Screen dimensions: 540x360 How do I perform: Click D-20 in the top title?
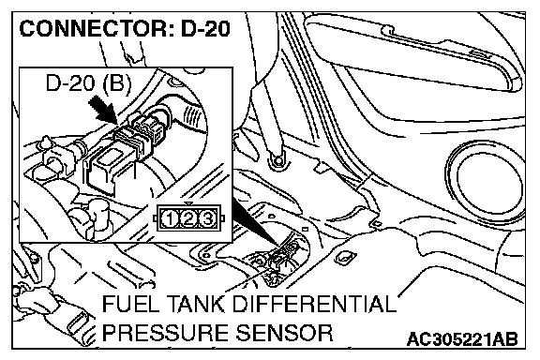pos(205,28)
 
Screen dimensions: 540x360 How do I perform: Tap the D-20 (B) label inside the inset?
pos(88,83)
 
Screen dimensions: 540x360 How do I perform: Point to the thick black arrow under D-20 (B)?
pos(103,110)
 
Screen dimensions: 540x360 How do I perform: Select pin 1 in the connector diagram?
pos(170,218)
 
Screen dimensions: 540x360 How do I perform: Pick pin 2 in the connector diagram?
pos(188,218)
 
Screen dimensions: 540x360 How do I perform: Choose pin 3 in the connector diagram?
pos(208,218)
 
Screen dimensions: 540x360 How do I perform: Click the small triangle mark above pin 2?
pos(187,203)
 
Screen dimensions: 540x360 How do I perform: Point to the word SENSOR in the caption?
pos(284,333)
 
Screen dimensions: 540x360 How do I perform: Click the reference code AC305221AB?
pos(462,339)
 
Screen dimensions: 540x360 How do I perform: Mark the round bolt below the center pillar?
pos(277,160)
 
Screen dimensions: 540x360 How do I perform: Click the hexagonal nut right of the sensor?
pos(344,257)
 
